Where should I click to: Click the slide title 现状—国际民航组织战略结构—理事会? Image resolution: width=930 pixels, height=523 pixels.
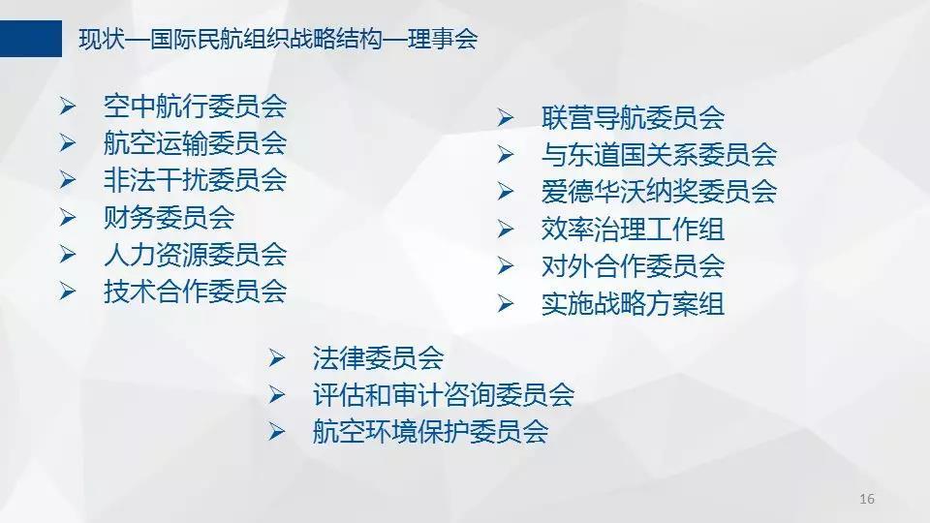coord(278,39)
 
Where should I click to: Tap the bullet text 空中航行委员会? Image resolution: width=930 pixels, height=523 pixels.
coord(195,107)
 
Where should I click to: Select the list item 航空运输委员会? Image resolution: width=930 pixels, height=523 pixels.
coord(195,143)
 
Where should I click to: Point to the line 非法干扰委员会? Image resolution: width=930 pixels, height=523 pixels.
coord(195,180)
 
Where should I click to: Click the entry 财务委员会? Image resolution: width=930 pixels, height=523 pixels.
coord(169,218)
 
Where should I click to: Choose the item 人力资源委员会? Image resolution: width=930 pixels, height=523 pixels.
coord(195,255)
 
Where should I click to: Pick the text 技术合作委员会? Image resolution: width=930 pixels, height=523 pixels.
coord(195,292)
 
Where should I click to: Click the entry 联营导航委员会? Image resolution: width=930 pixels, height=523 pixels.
coord(633,118)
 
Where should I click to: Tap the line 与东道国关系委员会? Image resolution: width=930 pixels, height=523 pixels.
coord(659,155)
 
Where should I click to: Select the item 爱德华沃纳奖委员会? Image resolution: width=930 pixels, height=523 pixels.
coord(659,192)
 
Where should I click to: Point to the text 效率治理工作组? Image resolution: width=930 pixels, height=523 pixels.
coord(633,230)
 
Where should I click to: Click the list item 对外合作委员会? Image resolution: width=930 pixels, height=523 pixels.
coord(633,266)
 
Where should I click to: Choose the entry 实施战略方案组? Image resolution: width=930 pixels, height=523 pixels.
coord(633,303)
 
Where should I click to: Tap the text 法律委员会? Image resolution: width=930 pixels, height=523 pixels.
coord(379,358)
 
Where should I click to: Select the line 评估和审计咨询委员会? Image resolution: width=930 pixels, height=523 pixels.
coord(444,395)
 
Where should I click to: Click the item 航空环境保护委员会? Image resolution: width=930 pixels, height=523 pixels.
coord(430,432)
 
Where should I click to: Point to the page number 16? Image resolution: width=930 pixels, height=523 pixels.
coord(866,499)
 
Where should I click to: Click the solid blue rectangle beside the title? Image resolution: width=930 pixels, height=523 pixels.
coord(31,39)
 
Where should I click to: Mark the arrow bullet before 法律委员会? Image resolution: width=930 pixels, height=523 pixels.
coord(277,358)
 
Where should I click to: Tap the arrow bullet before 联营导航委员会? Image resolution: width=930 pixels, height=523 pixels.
coord(506,118)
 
